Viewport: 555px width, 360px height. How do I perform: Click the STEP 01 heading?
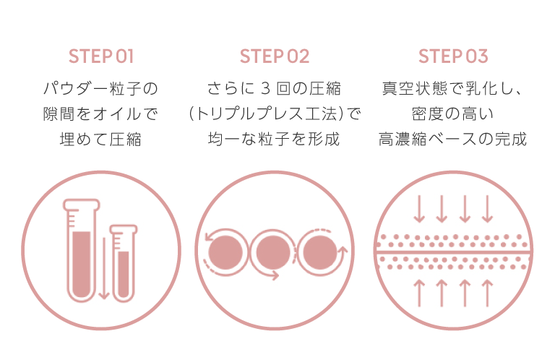(x=100, y=56)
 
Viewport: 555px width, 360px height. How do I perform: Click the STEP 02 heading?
(x=275, y=56)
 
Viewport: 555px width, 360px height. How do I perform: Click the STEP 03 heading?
(x=453, y=56)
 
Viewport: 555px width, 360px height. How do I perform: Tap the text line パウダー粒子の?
(x=100, y=90)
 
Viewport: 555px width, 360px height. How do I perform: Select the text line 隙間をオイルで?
(x=100, y=114)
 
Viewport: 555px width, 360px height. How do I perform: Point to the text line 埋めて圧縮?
(x=100, y=139)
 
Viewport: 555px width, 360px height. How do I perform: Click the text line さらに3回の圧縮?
(x=275, y=90)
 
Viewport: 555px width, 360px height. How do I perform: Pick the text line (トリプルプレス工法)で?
(x=275, y=114)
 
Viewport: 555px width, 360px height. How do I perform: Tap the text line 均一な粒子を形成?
(x=275, y=139)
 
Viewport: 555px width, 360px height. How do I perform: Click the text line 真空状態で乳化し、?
(x=453, y=90)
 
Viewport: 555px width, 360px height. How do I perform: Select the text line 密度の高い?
(x=453, y=114)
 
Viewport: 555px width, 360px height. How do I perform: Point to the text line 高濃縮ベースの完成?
(x=453, y=139)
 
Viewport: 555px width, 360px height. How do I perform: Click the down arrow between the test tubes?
(x=103, y=275)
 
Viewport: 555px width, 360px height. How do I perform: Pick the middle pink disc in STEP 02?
(x=272, y=251)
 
